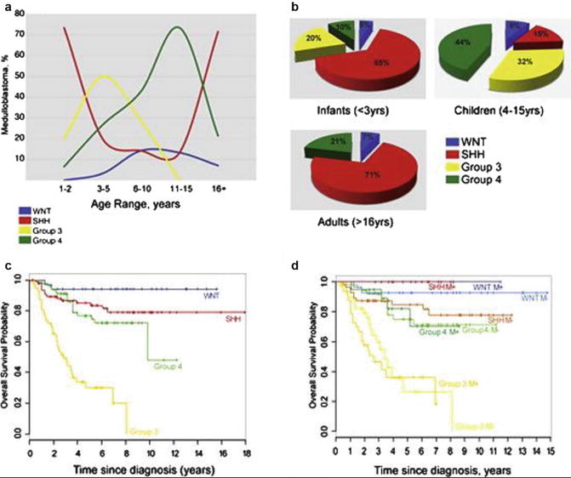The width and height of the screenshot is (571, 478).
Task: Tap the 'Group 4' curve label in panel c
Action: coord(169,367)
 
